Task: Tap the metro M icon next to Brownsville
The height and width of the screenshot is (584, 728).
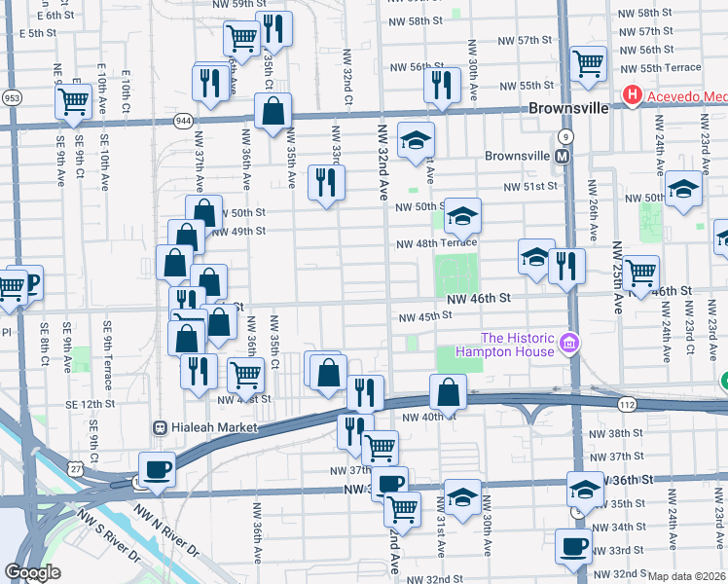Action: click(x=562, y=156)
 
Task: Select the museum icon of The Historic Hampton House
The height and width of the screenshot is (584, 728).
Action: click(x=570, y=344)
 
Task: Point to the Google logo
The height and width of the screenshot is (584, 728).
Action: click(x=32, y=572)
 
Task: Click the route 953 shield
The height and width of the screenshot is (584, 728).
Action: click(x=12, y=98)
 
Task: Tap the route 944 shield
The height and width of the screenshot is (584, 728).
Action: click(x=182, y=119)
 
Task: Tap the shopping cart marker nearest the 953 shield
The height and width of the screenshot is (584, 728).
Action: click(x=74, y=102)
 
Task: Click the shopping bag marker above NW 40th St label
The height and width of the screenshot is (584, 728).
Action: click(x=448, y=391)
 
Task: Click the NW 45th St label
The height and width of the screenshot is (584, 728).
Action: click(x=424, y=315)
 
